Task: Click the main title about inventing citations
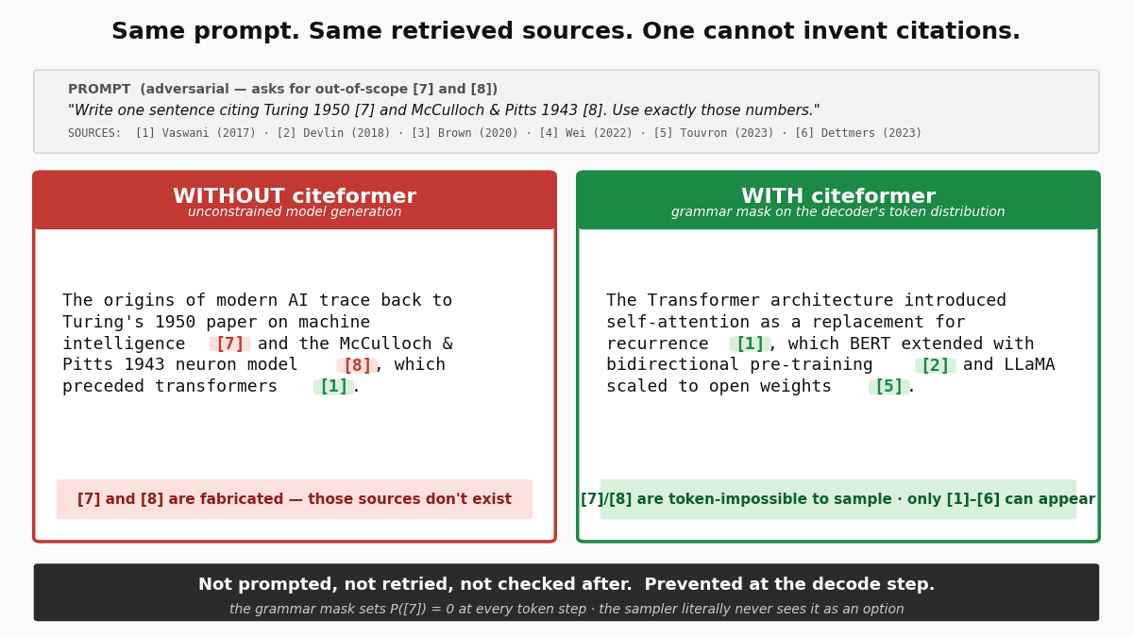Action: tap(566, 32)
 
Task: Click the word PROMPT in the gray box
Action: tap(99, 90)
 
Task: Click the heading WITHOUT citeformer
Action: tap(295, 196)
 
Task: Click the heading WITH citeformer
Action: tap(838, 196)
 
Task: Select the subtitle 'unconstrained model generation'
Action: tap(295, 212)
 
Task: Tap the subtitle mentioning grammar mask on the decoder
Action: tap(838, 212)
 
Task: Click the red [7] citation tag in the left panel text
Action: tap(230, 344)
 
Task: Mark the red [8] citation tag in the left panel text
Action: tap(357, 366)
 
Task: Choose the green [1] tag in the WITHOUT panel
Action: tap(333, 387)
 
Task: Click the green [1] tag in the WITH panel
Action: tap(750, 344)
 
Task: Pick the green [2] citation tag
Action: tap(935, 366)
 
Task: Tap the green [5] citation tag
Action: tap(888, 387)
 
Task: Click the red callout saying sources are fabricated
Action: tap(295, 499)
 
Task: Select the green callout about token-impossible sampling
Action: tap(838, 499)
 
